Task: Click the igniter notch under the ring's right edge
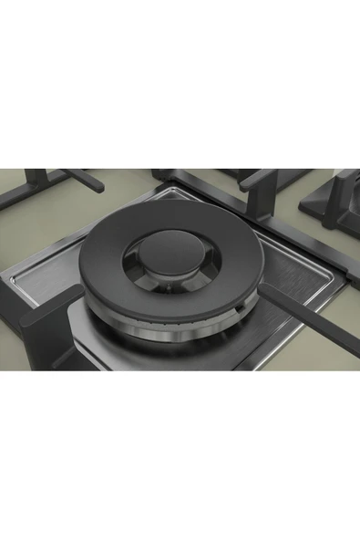click(x=238, y=316)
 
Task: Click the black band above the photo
click(x=180, y=82)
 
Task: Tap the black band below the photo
click(x=180, y=456)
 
